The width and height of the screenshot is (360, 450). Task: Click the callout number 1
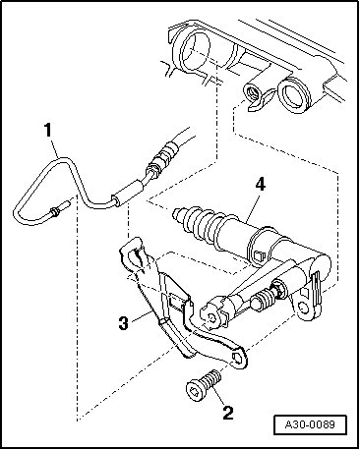[48, 130]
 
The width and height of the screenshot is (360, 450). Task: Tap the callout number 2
[228, 413]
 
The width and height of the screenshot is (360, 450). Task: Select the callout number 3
[124, 323]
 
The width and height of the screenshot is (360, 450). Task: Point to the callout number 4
[260, 185]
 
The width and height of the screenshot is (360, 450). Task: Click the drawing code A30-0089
[310, 424]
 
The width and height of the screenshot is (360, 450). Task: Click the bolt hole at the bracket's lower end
[237, 357]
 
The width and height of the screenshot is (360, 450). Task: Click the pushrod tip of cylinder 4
[176, 214]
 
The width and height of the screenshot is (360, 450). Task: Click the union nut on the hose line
[151, 171]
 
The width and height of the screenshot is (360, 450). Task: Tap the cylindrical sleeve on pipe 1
[128, 194]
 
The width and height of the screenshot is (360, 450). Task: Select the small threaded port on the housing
[252, 92]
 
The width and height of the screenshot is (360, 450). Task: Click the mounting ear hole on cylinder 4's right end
[304, 308]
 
